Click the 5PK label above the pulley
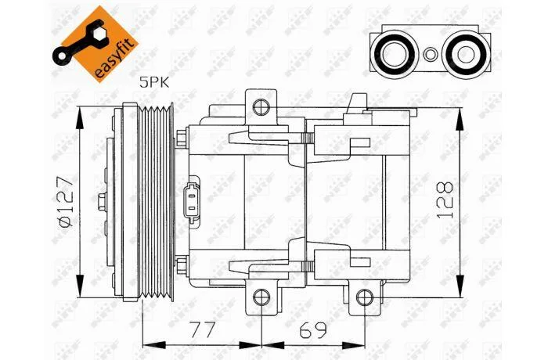[x=154, y=83]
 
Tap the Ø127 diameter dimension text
[x=66, y=202]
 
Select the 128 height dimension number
[x=445, y=200]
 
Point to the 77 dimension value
[x=202, y=329]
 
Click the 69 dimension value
[x=313, y=329]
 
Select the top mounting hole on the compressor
[x=261, y=107]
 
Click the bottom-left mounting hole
[x=261, y=298]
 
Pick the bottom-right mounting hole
[x=365, y=298]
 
